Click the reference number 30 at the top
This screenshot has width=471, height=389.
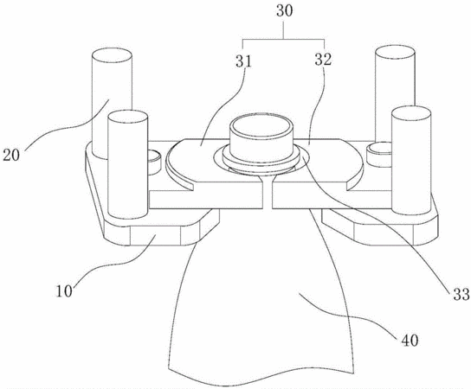285,12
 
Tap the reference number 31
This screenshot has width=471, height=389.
243,61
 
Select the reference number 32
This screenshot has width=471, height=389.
323,59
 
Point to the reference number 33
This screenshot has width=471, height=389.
461,294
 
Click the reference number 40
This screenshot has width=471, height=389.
410,340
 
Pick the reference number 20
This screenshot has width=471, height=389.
11,155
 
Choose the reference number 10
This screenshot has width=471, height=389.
64,291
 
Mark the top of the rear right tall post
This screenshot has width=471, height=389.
396,53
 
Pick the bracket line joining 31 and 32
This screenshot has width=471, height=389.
284,39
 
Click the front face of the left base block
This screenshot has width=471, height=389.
155,236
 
